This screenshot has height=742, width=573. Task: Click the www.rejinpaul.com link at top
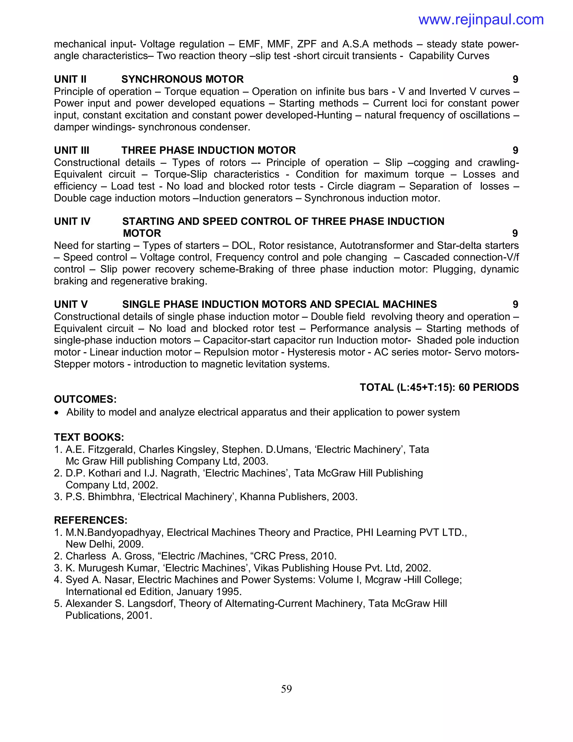point(481,20)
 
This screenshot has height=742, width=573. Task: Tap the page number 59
point(286,689)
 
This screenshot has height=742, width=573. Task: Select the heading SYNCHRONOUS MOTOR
point(182,79)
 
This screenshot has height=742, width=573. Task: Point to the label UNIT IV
point(72,221)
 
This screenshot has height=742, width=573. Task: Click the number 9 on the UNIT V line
point(515,304)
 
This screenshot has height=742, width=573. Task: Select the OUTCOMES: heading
point(85,399)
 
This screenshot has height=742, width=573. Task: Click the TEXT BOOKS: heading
point(89,437)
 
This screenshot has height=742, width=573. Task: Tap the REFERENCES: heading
point(91,520)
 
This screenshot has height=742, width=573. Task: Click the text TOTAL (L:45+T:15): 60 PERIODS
point(439,387)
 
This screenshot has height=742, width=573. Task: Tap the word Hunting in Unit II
point(334,115)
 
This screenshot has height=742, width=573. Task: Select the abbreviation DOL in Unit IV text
point(242,246)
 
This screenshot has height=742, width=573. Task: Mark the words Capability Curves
point(449,56)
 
